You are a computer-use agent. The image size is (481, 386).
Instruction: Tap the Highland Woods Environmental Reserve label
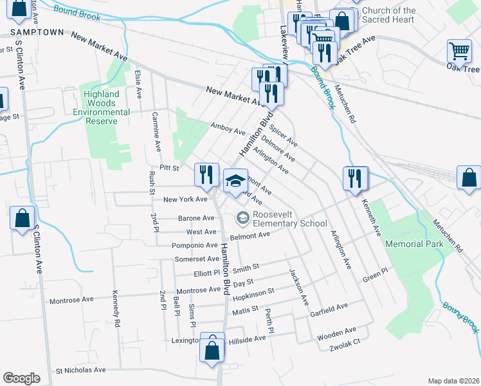coord(102,107)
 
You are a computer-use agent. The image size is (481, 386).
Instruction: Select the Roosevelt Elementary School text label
coord(289,219)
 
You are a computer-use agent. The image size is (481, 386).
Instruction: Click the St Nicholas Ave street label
coord(80,370)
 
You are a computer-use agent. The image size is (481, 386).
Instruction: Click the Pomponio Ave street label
coord(194,245)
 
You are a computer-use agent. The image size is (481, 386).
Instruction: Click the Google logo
coord(22,378)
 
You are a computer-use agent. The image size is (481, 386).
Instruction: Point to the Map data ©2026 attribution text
coord(453,381)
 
